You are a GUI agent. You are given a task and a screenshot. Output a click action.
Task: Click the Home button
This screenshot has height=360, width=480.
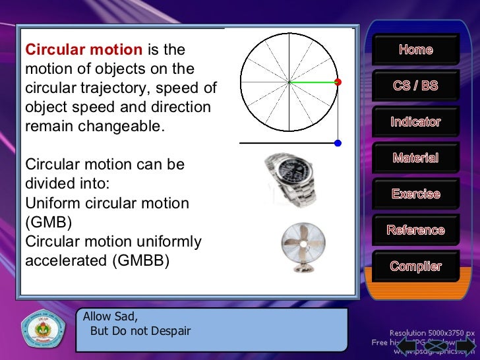(415, 49)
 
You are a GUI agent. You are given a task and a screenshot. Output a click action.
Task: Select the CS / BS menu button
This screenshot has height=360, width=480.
(415, 86)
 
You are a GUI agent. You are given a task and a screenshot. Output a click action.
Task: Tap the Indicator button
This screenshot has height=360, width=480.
(415, 122)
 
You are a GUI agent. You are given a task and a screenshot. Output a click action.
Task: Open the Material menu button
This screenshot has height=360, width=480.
(415, 158)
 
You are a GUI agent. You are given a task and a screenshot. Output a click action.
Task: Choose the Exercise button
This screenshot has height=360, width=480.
(415, 195)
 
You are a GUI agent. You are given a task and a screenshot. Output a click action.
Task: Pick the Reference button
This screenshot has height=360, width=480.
(415, 230)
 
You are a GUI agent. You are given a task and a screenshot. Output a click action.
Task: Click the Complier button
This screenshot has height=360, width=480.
(415, 266)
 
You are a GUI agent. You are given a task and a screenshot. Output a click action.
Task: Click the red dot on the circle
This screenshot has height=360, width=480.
(338, 82)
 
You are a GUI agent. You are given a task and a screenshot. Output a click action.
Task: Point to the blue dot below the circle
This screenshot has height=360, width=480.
(338, 143)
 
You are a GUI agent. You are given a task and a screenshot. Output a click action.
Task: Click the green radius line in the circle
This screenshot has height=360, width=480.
(313, 82)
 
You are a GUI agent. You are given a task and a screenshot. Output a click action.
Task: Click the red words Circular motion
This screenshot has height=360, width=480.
(83, 50)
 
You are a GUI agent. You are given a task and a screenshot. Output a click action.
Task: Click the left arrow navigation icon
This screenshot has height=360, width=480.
(407, 346)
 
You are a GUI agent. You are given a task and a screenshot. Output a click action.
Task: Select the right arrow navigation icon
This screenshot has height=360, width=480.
(465, 346)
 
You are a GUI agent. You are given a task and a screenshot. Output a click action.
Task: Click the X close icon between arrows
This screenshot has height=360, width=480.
(436, 346)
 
